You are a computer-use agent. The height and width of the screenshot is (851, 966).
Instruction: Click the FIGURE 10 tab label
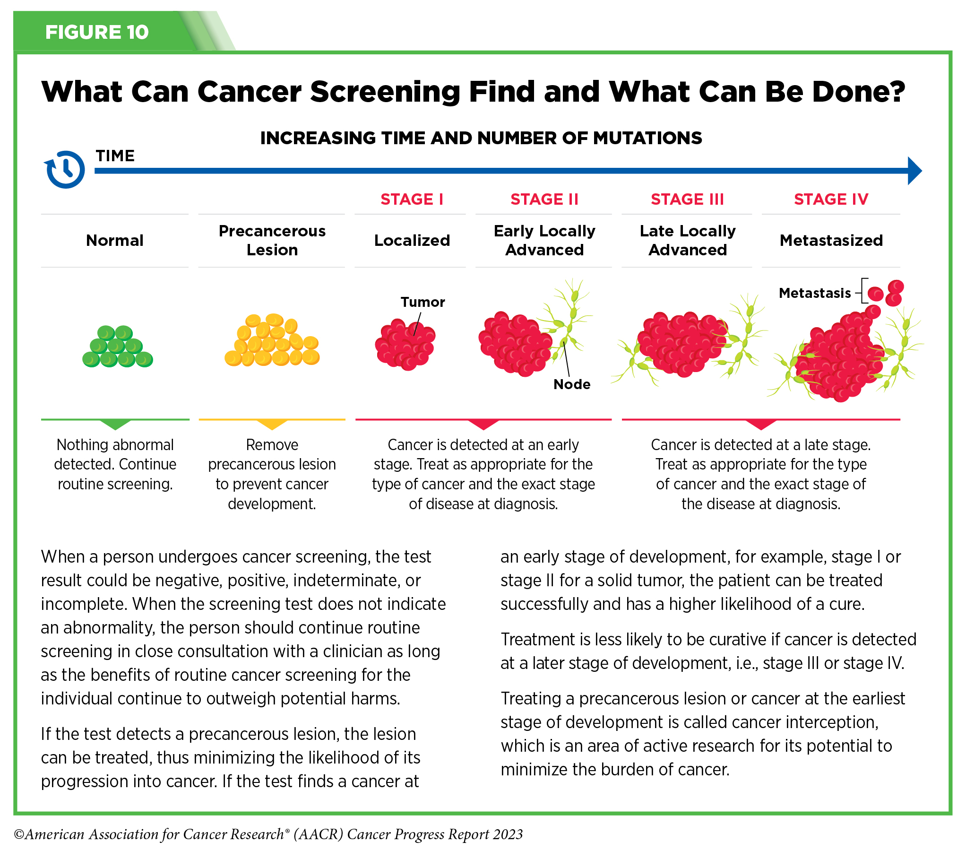97,32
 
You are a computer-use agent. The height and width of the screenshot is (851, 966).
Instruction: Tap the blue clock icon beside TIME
66,169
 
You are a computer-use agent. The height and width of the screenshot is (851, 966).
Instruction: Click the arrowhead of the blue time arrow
914,171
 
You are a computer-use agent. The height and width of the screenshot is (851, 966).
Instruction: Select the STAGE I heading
412,200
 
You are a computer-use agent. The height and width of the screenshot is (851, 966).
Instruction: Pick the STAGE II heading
544,200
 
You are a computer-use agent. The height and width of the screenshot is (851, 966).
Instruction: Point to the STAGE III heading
687,200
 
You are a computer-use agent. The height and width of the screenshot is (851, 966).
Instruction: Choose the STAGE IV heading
831,200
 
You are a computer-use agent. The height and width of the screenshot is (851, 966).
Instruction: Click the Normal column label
115,241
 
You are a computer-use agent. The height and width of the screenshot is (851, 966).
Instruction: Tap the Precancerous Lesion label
272,240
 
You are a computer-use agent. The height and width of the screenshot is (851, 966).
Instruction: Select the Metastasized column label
831,241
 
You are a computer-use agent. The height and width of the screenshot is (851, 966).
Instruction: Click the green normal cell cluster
117,347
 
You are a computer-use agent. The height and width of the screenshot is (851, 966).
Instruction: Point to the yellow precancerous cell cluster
272,340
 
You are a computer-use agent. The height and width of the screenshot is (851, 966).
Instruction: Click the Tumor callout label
423,302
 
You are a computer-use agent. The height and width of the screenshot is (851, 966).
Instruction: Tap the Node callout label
572,384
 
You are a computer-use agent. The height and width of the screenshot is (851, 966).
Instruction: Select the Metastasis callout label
815,293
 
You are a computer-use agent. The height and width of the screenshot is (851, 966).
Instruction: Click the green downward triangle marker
115,424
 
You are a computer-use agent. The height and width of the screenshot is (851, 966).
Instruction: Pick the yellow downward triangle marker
272,424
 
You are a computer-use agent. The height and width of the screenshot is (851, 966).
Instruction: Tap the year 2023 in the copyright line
509,834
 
